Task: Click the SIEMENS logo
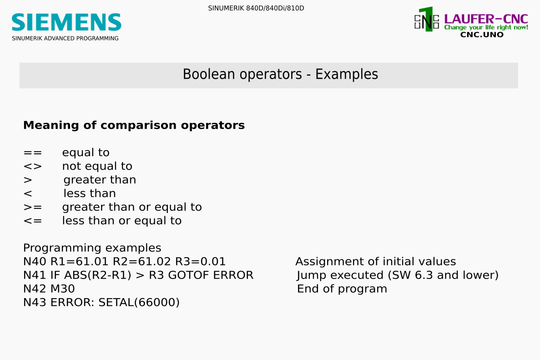click(66, 22)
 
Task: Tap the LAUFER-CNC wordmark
click(486, 19)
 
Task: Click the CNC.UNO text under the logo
click(482, 35)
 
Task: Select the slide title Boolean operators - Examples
click(280, 74)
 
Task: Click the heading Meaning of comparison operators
click(134, 125)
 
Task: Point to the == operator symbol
click(33, 152)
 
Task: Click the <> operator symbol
click(33, 167)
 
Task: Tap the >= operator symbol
click(33, 207)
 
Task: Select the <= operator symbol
click(33, 221)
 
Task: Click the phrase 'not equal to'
click(97, 166)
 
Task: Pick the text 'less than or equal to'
click(122, 220)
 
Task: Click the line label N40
click(35, 262)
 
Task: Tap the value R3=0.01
click(201, 262)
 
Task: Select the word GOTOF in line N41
click(189, 275)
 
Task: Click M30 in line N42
click(63, 289)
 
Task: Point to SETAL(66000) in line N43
click(139, 303)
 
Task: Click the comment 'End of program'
click(342, 289)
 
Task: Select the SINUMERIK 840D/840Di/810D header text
click(256, 8)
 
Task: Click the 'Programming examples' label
click(92, 248)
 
